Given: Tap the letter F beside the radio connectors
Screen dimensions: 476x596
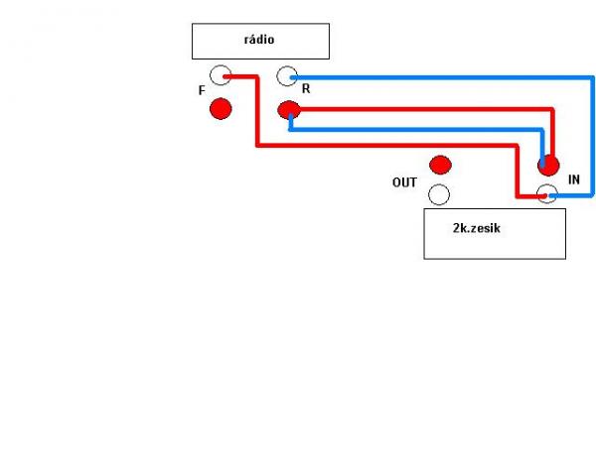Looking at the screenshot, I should [x=202, y=90].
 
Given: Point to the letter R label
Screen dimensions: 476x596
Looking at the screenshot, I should [x=306, y=88].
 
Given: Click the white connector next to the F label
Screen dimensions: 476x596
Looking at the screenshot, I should [x=221, y=75].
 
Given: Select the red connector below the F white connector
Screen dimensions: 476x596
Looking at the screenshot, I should [x=221, y=108].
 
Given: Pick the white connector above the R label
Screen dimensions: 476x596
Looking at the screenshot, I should [x=287, y=75].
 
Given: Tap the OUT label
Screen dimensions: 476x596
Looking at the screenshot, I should [x=404, y=182].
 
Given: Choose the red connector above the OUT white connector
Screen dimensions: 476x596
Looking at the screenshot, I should [x=439, y=164].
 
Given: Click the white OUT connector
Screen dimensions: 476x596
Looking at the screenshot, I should [x=439, y=194].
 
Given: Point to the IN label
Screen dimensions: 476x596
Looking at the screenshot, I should [x=573, y=179].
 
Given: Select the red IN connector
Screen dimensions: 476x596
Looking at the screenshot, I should [x=547, y=165].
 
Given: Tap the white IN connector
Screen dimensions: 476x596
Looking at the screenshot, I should [x=547, y=194].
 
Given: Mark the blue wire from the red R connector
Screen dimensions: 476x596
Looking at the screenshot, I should [x=417, y=128].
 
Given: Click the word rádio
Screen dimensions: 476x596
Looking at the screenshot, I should [x=259, y=40].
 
